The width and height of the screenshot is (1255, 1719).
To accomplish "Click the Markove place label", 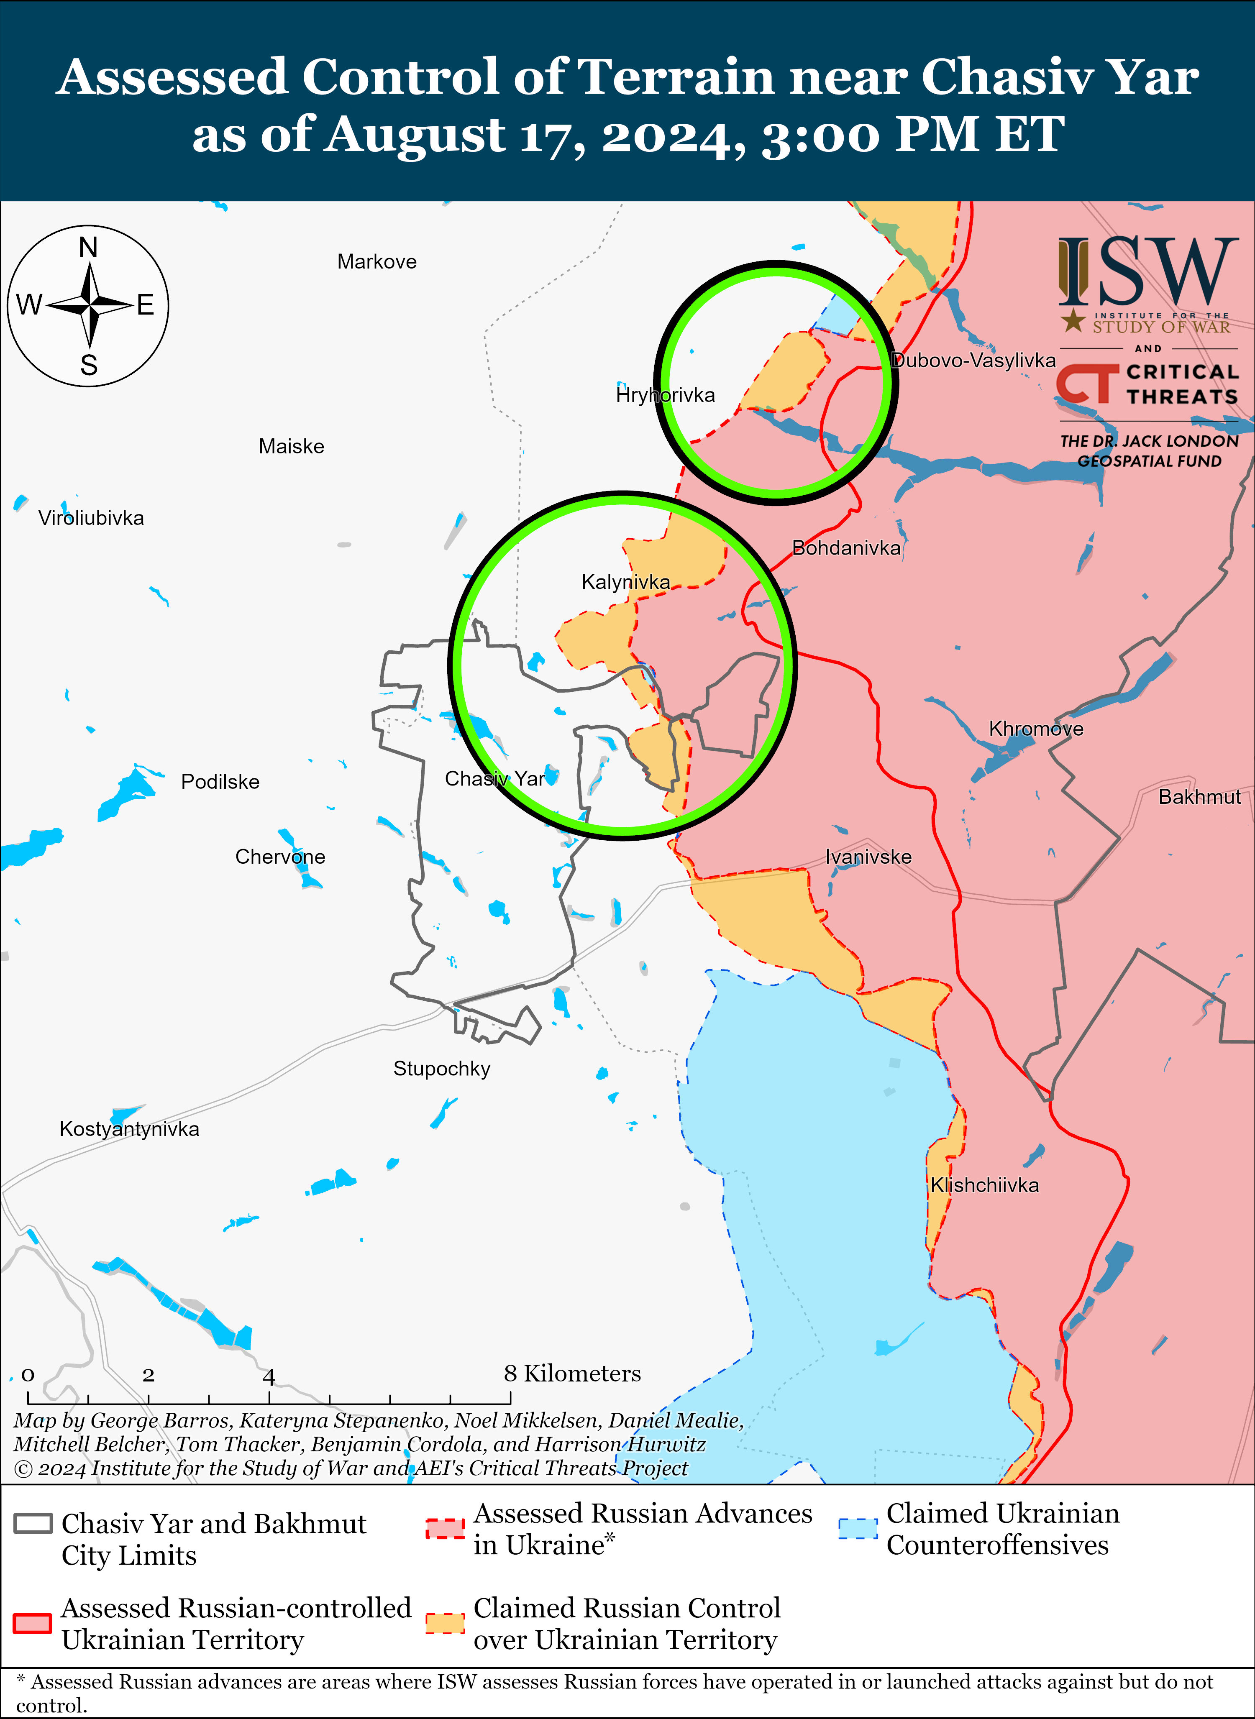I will point(377,262).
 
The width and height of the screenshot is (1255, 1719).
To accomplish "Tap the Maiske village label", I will point(291,447).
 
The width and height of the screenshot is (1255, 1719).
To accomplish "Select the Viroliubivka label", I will point(91,518).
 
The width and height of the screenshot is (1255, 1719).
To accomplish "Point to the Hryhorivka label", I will point(666,395).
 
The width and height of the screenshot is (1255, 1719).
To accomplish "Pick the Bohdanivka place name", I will point(846,547).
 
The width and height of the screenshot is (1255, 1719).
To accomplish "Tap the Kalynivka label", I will point(626,583).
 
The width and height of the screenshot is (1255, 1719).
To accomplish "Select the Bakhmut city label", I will point(1199,797).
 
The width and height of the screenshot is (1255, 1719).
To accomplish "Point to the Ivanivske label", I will point(868,857).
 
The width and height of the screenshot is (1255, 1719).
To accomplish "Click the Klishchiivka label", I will point(985,1185).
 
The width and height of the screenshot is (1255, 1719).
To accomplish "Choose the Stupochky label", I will point(441,1069).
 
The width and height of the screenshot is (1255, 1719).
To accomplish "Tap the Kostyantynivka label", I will point(129,1129).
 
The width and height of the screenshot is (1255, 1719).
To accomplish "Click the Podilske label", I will point(220,782).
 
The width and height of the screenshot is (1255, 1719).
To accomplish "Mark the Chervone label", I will point(280,857).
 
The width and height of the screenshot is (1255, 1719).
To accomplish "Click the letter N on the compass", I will point(89,248).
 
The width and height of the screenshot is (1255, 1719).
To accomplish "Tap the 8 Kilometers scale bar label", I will point(572,1374).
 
